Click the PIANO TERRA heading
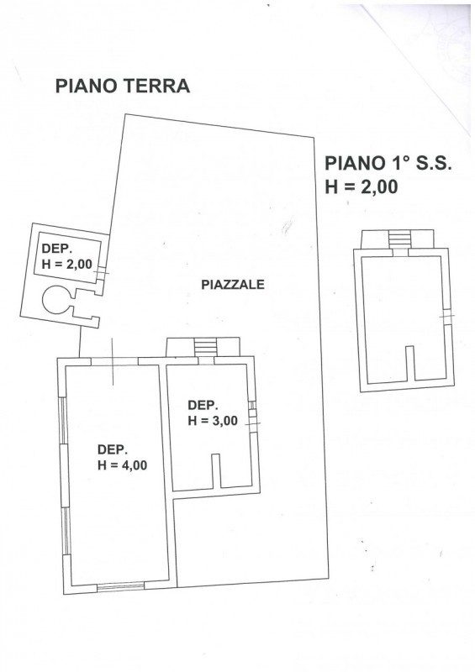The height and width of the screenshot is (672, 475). [x=122, y=86]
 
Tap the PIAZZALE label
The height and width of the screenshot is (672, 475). [x=233, y=284]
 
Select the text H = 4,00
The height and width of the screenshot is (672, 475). [x=122, y=465]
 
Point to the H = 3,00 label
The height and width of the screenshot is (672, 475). [x=213, y=421]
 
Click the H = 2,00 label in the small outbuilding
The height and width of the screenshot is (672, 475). [x=67, y=264]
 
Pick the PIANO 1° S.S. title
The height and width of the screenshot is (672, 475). [x=388, y=163]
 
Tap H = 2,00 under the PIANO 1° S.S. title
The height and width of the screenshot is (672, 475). [x=362, y=186]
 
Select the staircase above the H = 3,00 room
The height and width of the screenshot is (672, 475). [x=205, y=347]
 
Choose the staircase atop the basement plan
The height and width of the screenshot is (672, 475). [x=400, y=239]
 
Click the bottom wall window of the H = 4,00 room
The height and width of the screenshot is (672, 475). [x=120, y=586]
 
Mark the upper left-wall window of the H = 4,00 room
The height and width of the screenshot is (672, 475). [x=63, y=421]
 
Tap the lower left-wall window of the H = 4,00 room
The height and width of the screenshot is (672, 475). [x=66, y=531]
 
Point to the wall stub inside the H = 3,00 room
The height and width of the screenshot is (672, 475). [x=216, y=471]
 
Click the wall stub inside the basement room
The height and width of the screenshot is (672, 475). [x=410, y=363]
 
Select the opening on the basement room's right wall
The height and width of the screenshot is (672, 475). [x=446, y=317]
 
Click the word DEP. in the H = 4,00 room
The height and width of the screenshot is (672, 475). [x=113, y=449]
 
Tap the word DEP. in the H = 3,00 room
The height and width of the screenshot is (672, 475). [x=203, y=405]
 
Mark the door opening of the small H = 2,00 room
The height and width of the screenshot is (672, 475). [x=101, y=271]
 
